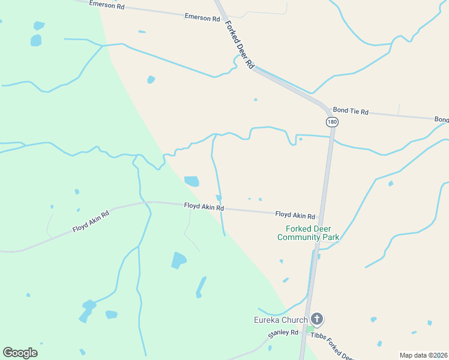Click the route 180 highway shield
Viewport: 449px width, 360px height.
[333, 122]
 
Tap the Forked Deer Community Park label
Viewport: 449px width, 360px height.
[309, 233]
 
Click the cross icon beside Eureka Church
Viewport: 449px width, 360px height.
[318, 319]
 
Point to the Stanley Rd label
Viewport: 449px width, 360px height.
[283, 332]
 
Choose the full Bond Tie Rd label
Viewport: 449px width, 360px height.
[351, 112]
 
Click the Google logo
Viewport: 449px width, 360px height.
[20, 353]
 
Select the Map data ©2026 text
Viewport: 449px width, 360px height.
[423, 355]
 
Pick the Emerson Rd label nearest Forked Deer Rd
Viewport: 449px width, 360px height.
[202, 18]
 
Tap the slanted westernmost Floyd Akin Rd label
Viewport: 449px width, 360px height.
[91, 221]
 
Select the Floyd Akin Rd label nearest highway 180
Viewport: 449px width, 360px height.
[295, 215]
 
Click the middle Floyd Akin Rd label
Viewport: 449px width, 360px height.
[203, 207]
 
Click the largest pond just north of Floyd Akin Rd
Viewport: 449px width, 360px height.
[191, 181]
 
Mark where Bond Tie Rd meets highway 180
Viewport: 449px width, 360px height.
[330, 112]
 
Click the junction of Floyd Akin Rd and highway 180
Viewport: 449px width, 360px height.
[322, 215]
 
